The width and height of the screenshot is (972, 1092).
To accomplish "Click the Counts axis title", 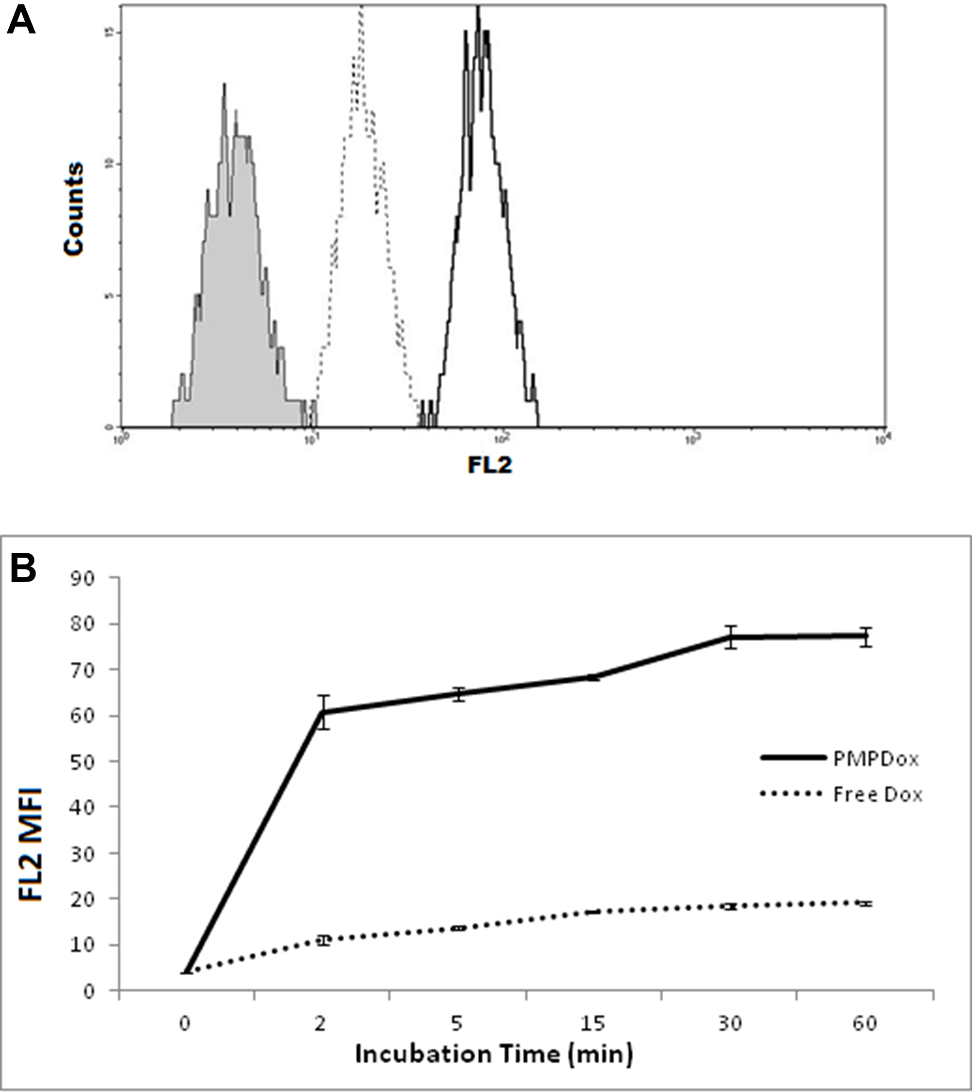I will pos(74,209).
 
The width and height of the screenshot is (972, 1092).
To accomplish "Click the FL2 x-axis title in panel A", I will pos(490,465).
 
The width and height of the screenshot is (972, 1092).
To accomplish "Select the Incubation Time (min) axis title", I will pos(493,1055).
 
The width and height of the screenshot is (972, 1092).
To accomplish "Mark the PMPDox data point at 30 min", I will pos(730,637).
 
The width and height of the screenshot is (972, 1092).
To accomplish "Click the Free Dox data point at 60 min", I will pos(865,903).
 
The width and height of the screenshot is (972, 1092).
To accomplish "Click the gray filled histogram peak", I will pos(225,86).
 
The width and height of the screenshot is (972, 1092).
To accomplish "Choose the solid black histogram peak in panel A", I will pos(478,11).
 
